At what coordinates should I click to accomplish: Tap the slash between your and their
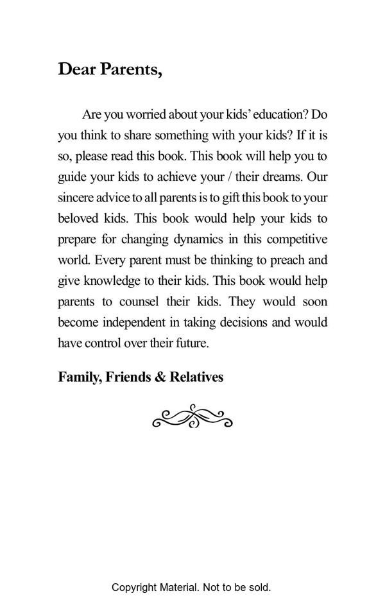point(230,176)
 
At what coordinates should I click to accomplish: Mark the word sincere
point(76,197)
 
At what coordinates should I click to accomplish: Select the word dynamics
point(196,239)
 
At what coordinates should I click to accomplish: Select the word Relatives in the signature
point(196,377)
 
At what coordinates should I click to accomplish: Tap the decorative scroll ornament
point(193,416)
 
